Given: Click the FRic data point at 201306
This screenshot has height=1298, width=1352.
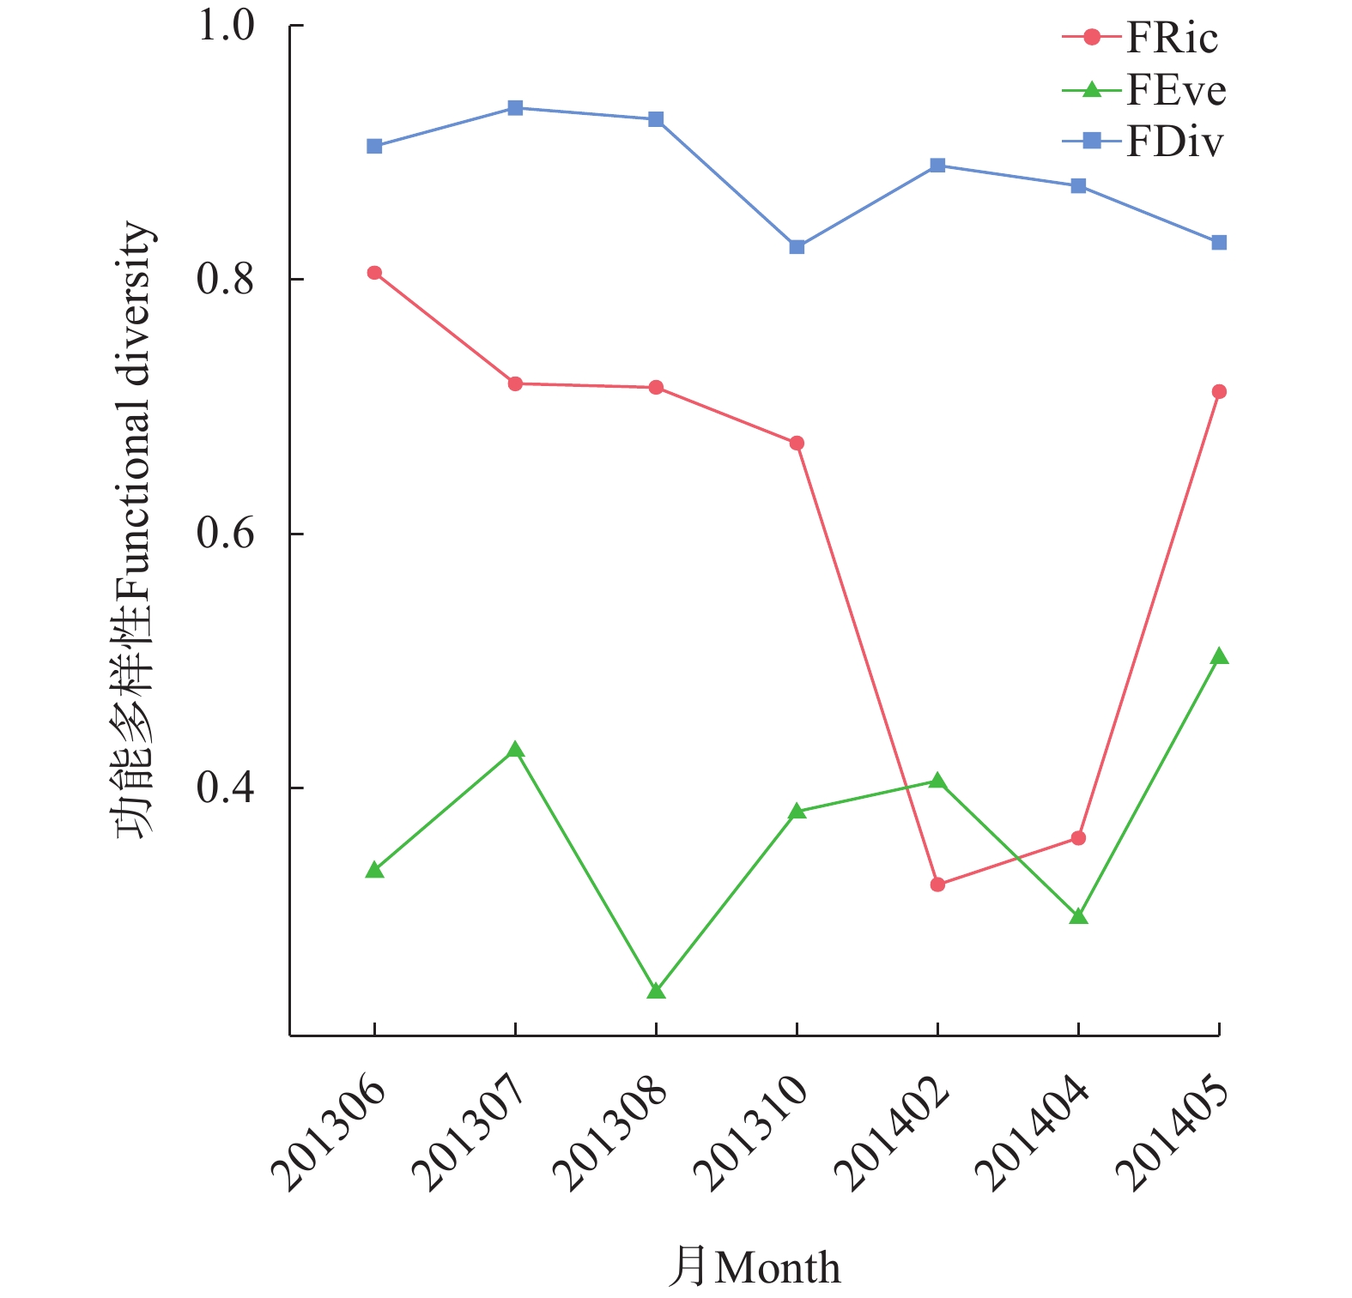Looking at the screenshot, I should pyautogui.click(x=374, y=273).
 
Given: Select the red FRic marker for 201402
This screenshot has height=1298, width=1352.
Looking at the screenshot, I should pyautogui.click(x=937, y=884).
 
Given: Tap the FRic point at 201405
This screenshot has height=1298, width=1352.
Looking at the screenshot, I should pyautogui.click(x=1219, y=392).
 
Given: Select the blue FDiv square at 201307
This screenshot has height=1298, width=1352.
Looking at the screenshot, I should pyautogui.click(x=515, y=108).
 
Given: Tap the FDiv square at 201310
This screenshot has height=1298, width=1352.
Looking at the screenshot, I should pyautogui.click(x=797, y=247).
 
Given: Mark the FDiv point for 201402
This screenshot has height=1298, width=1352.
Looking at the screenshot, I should pyautogui.click(x=937, y=166).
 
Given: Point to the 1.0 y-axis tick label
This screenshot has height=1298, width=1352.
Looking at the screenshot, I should pyautogui.click(x=227, y=26).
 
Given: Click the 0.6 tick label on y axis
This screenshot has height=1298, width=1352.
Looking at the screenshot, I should pyautogui.click(x=227, y=534).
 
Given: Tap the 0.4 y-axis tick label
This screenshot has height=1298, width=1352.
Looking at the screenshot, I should pyautogui.click(x=227, y=788).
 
